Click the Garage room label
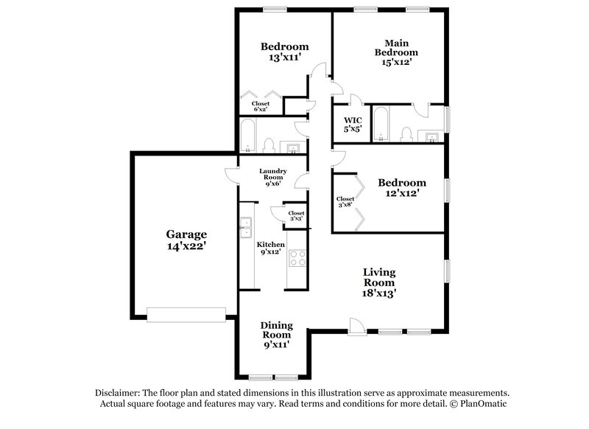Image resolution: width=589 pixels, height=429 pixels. tap(185, 234)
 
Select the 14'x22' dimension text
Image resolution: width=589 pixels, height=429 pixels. tap(185, 248)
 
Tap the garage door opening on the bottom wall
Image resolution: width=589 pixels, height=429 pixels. tap(185, 314)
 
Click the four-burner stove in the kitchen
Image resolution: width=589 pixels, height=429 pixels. tap(298, 258)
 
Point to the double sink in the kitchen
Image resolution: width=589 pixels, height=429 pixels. tap(244, 229)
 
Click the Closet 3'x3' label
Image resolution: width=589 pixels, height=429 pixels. tap(296, 216)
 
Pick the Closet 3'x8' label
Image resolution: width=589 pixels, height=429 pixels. tap(345, 202)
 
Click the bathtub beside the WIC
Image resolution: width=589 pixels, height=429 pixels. tap(381, 124)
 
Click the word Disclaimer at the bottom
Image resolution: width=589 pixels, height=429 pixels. tap(119, 394)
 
